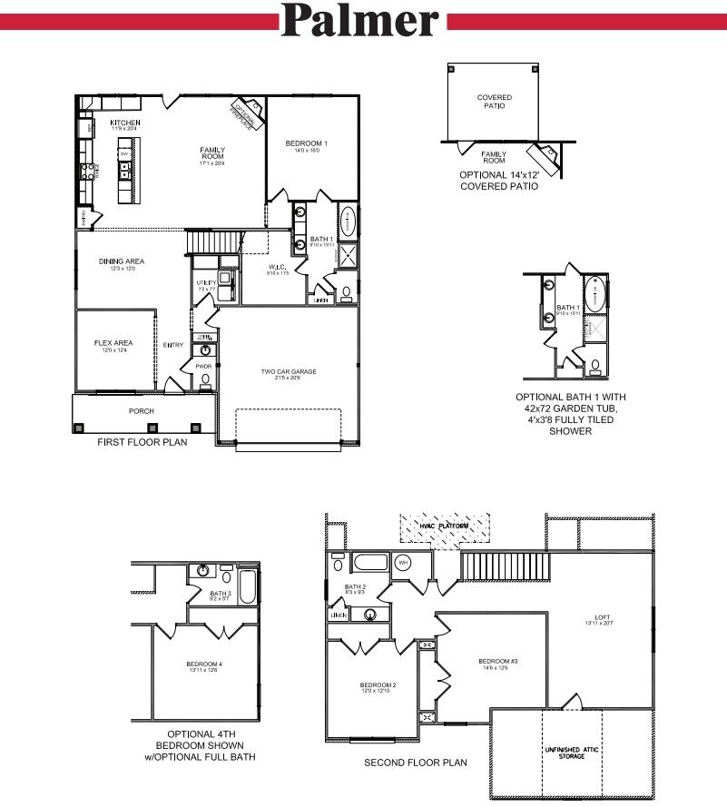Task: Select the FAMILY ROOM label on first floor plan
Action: tap(212, 154)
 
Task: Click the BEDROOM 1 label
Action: tap(306, 144)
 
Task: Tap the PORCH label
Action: tap(141, 411)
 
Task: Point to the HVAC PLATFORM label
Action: tap(445, 527)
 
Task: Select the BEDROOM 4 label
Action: tap(204, 665)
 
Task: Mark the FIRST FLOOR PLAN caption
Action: tap(142, 442)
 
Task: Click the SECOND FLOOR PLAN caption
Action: tap(416, 763)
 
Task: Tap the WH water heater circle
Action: tap(403, 563)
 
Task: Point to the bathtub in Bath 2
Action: tap(369, 562)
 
